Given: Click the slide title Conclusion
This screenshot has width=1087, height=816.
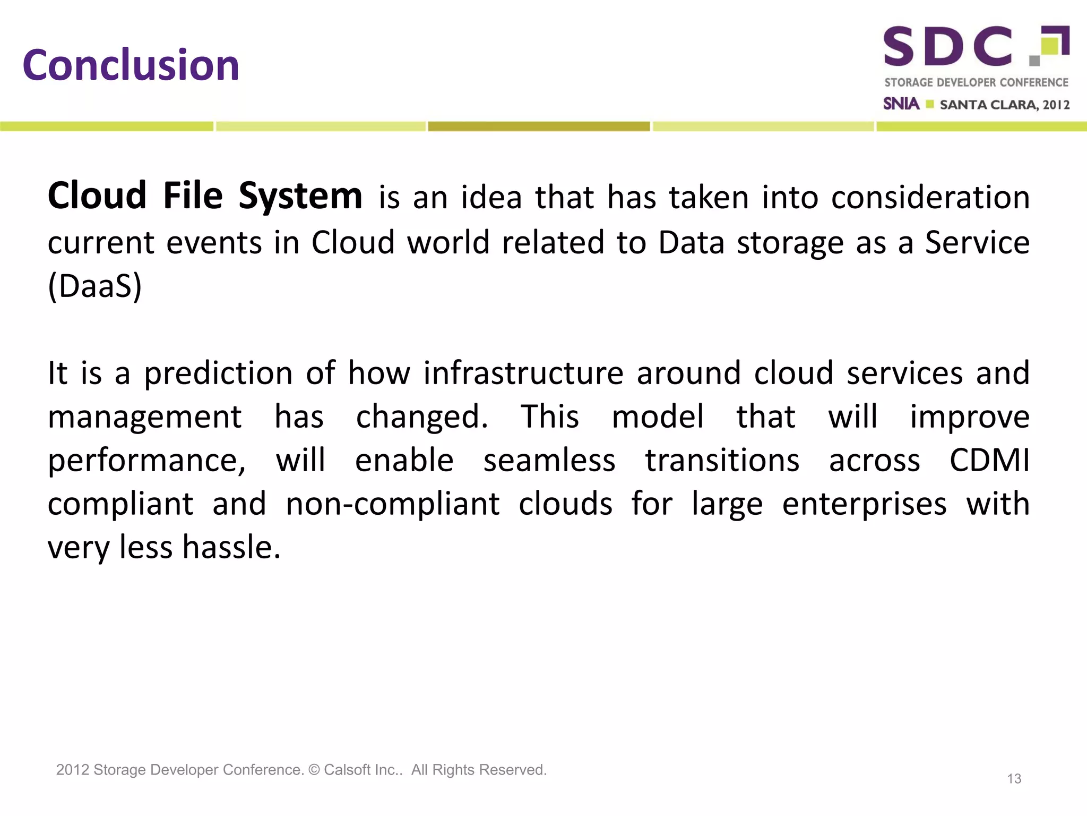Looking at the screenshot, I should coord(131,65).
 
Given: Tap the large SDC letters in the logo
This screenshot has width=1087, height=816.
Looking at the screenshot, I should coord(947,47).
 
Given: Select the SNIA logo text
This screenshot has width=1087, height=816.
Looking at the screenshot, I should coord(901,104).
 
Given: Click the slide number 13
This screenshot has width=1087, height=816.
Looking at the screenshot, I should coord(1014,779).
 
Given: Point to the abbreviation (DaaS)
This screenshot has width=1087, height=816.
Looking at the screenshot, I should coord(95,286).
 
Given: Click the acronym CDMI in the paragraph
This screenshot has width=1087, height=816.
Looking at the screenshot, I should coord(989,460).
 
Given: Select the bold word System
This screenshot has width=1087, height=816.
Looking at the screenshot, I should coord(300,196).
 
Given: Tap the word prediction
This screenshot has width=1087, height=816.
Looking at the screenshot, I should coord(218,373).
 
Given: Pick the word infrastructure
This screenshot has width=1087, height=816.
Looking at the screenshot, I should coord(523,373).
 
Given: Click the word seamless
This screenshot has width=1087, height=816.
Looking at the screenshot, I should coord(549,460).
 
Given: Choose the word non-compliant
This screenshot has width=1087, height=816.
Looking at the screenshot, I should coord(393,504).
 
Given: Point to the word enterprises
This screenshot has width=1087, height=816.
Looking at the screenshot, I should coord(864,505).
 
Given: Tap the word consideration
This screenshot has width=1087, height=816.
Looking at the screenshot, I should coord(930,198).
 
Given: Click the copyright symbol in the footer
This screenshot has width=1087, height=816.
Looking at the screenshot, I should coord(314,770).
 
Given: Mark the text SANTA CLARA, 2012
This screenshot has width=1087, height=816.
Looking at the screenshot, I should coord(1004,105).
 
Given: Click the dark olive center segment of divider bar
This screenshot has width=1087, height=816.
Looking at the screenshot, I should coord(539,126).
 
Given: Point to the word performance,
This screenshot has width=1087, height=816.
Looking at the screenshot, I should coord(147,461).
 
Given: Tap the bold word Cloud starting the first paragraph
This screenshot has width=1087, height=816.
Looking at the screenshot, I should coord(97,196).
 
